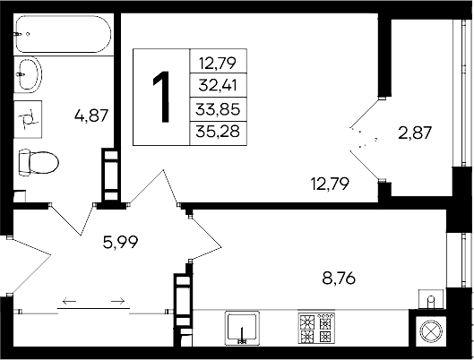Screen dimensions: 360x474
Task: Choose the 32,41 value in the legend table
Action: pyautogui.click(x=219, y=87)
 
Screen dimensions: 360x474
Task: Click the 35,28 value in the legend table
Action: pyautogui.click(x=219, y=133)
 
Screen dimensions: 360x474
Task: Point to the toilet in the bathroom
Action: pyautogui.click(x=38, y=163)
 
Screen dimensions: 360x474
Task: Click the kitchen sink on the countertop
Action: pyautogui.click(x=242, y=328)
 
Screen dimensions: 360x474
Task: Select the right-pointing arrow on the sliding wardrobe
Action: pyautogui.click(x=116, y=301)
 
